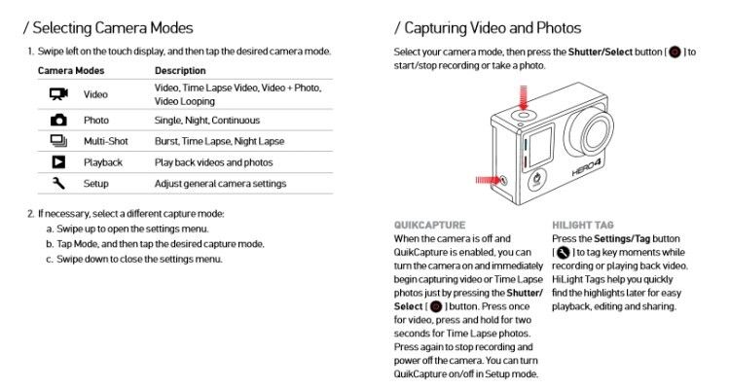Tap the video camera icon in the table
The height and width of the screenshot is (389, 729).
[58, 94]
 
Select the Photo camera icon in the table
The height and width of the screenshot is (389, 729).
[58, 120]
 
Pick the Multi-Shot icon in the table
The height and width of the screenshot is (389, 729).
[58, 141]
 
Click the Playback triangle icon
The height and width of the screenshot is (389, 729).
[58, 161]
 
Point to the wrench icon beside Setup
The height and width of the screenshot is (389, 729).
[58, 183]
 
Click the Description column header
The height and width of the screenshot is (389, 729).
[179, 71]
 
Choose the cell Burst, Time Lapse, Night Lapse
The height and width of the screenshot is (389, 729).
[219, 141]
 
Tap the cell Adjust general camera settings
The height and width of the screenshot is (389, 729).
[220, 183]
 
